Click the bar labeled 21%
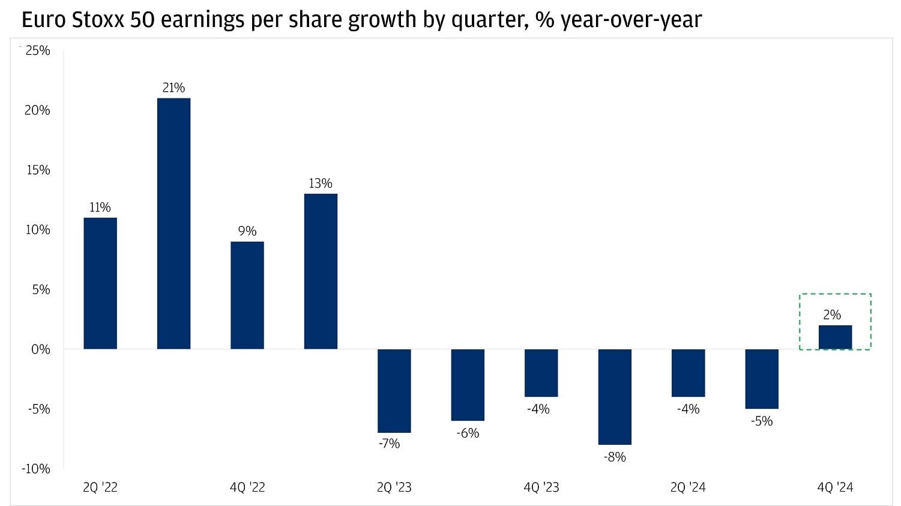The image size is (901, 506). (173, 223)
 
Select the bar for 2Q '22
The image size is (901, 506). (100, 283)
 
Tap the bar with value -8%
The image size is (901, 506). (615, 397)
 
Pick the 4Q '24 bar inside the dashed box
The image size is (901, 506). (835, 337)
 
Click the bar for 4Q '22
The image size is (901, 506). (247, 295)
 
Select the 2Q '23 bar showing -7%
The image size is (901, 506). (394, 391)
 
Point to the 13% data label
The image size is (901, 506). (320, 184)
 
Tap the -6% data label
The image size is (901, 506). (468, 433)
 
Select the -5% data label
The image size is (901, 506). (762, 421)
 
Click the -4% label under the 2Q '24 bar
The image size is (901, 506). (688, 409)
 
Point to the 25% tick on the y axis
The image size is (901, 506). (37, 51)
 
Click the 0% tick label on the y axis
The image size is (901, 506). (40, 349)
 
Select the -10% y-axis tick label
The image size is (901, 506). (36, 469)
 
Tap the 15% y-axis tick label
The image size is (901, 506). (37, 170)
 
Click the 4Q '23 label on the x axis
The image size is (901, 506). (541, 487)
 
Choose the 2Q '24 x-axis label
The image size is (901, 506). (688, 487)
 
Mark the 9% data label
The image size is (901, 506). (247, 231)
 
